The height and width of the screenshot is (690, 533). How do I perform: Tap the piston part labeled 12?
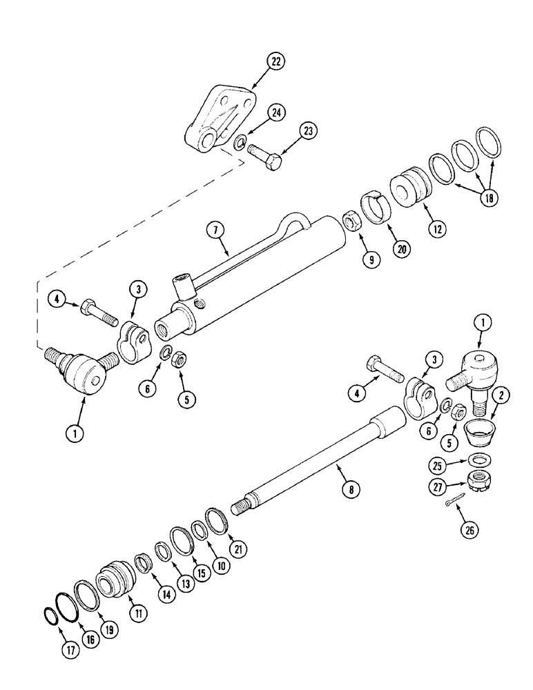[405, 187]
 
